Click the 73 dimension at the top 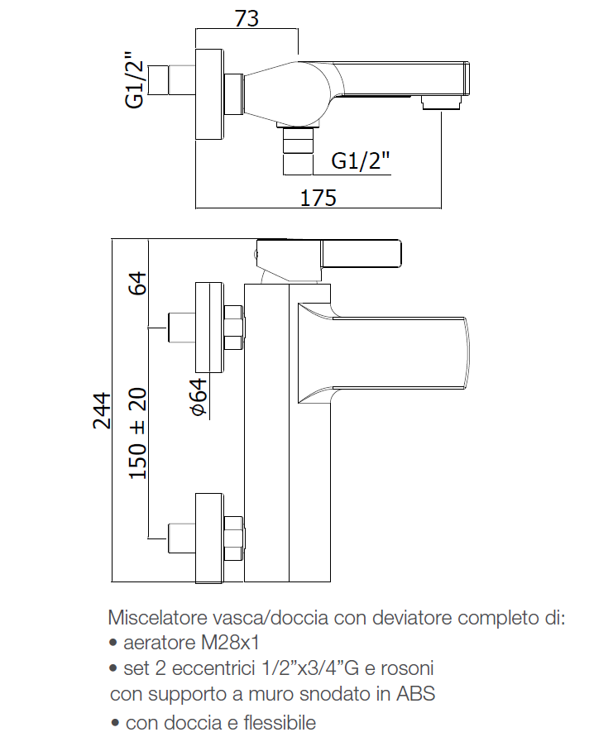point(245,19)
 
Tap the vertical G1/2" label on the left point(135,83)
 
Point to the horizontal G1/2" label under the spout point(361,160)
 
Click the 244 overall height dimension point(103,409)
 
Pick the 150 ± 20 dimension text point(138,433)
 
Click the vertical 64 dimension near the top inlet point(138,283)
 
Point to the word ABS point(418,692)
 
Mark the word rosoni point(405,667)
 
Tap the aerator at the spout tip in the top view point(442,103)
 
